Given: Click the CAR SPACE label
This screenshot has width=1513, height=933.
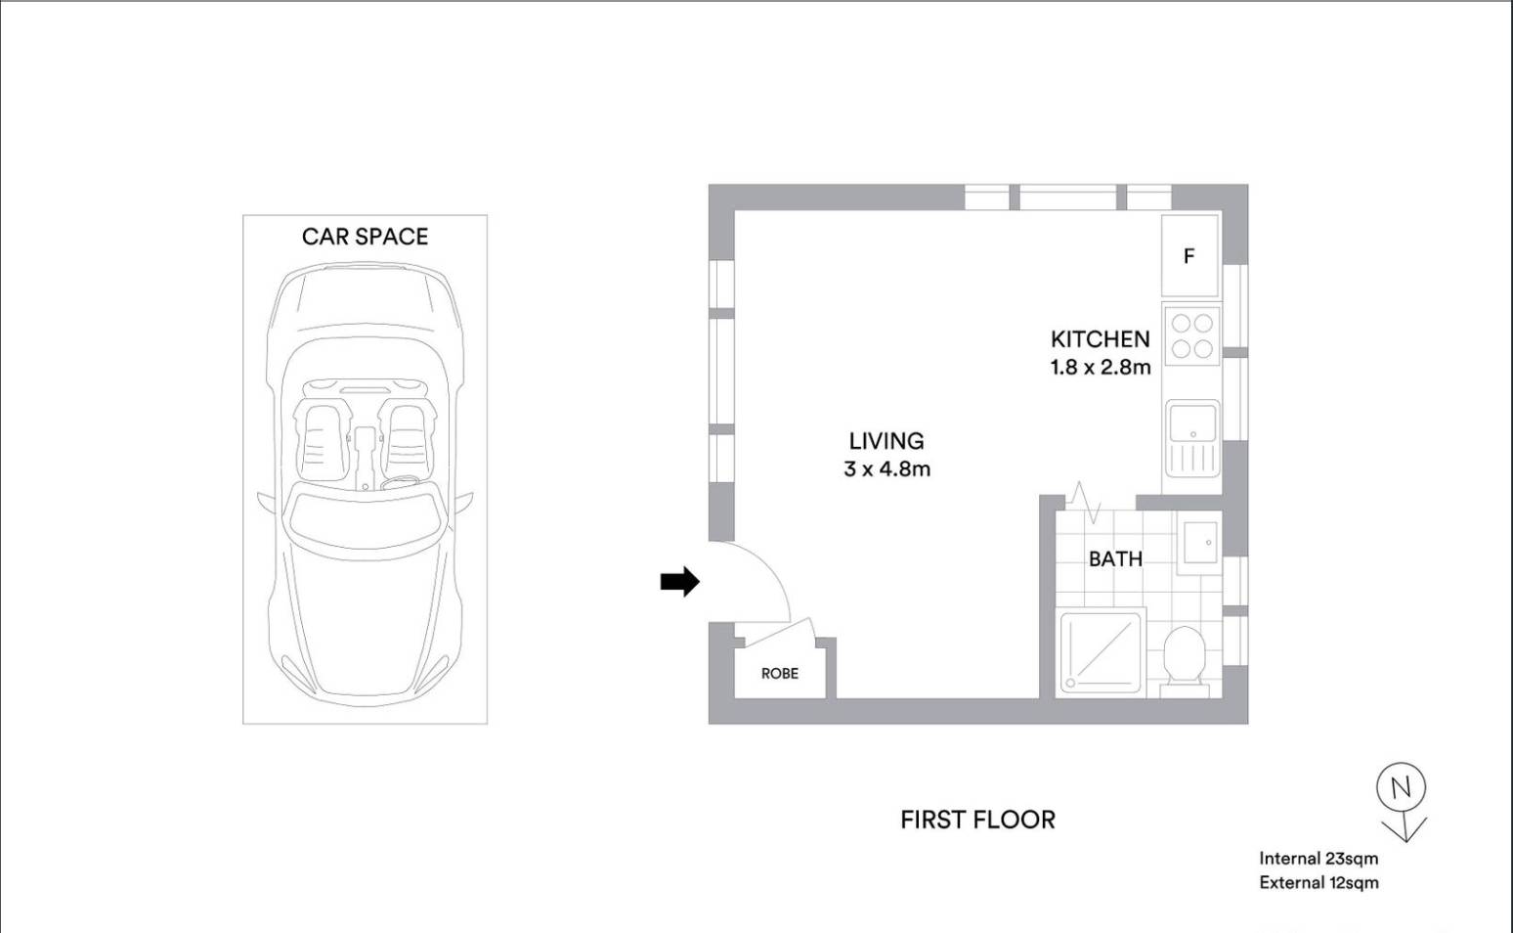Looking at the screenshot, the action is [x=365, y=237].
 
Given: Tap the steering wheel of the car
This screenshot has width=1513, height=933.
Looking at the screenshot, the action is [x=401, y=483].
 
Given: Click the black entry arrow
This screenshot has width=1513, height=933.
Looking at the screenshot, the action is [x=679, y=582].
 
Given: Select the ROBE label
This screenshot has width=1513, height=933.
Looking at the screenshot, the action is [x=779, y=674].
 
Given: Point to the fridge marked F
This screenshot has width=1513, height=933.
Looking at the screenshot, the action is [x=1190, y=255].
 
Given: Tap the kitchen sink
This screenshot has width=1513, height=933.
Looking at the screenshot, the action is [x=1192, y=437].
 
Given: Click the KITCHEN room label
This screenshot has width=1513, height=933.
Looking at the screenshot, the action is [x=1101, y=338].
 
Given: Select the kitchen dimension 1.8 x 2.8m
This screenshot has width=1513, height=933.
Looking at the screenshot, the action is [x=1101, y=367].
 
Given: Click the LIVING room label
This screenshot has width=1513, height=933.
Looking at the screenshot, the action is [x=886, y=441].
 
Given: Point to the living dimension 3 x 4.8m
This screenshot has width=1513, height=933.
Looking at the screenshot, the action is [x=886, y=469].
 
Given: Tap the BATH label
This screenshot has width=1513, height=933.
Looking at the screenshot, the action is [x=1115, y=559].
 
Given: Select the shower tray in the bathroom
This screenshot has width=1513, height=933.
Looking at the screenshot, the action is [x=1101, y=652].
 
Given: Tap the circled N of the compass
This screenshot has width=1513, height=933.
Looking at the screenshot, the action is [x=1401, y=787].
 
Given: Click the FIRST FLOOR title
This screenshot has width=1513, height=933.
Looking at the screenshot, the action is [x=977, y=821].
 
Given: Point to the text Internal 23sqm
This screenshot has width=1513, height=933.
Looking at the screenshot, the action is [x=1318, y=859].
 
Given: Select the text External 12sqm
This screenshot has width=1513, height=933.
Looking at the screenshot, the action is [x=1318, y=883].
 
